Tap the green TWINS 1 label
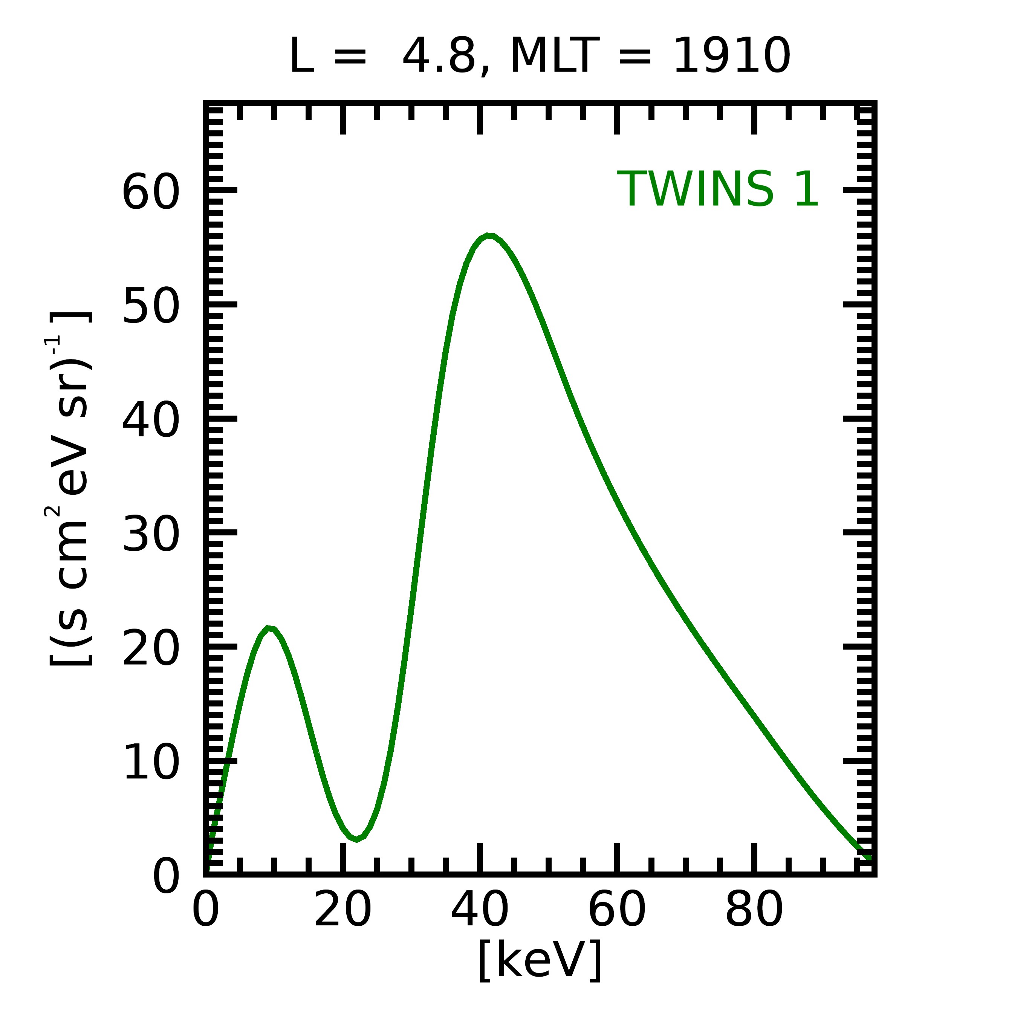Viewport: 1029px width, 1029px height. pyautogui.click(x=717, y=189)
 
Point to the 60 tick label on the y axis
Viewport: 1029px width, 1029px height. pyautogui.click(x=151, y=192)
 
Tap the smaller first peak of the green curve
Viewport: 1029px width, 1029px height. pyautogui.click(x=269, y=629)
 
